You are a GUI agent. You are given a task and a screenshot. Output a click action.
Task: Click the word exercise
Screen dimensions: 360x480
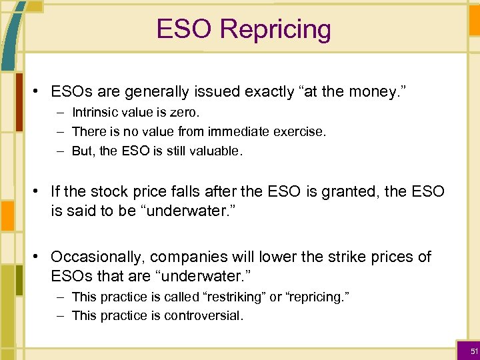(299, 132)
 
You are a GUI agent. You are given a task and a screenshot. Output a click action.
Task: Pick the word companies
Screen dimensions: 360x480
(190, 257)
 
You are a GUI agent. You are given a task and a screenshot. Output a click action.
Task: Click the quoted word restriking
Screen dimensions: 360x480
(233, 297)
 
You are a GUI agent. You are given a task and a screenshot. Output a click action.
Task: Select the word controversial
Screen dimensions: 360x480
(203, 315)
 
